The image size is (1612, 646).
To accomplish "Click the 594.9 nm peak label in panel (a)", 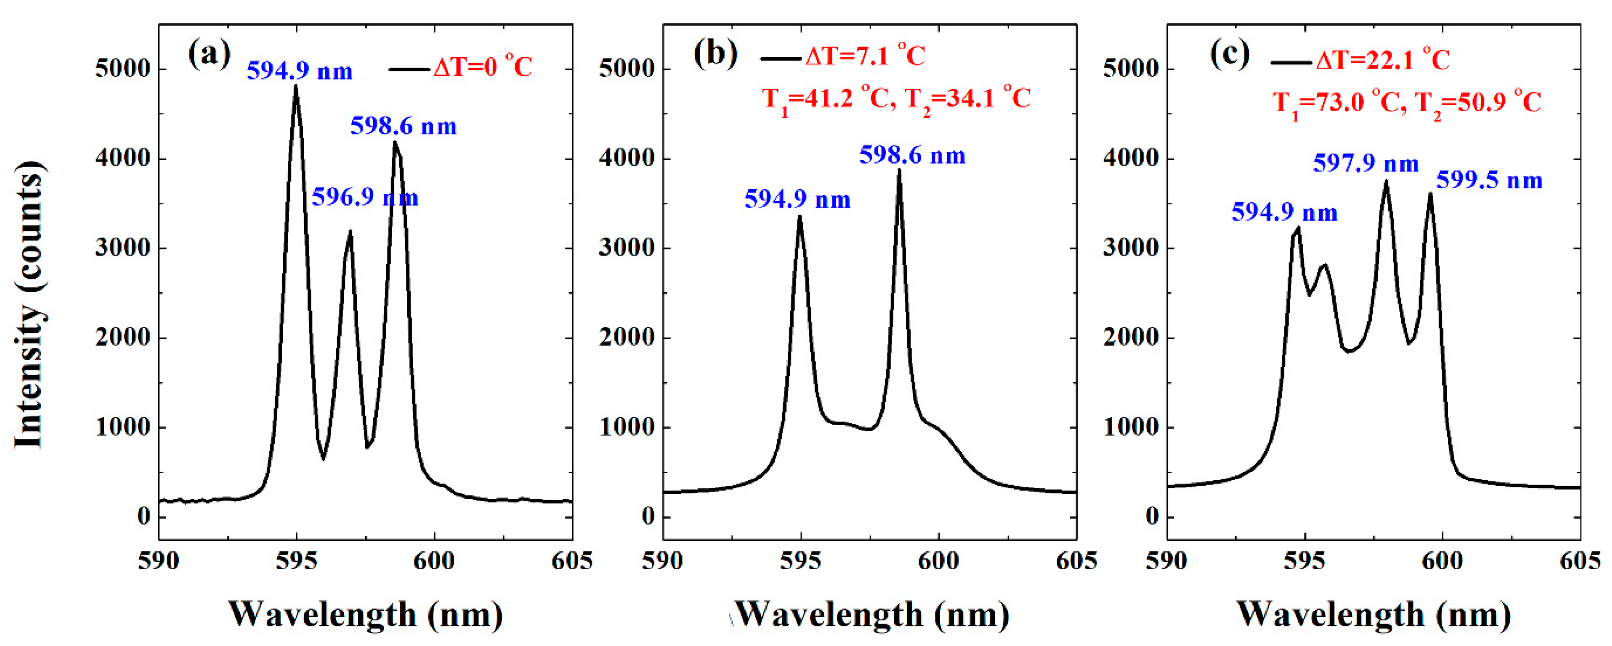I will pos(300,71).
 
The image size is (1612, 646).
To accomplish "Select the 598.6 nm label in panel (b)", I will pos(913,156).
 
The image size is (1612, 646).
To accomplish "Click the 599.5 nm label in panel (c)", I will pos(1489,181).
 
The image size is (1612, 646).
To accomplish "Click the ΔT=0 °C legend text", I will pos(483,67).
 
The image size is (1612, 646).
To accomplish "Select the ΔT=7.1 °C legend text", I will pos(865,57).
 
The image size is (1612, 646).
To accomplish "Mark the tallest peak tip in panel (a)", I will pos(296,86).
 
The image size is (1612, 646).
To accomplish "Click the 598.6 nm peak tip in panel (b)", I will pos(899,170).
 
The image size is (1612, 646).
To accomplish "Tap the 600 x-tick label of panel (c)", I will pos(1442,561).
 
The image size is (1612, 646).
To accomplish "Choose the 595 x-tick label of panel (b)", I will pos(801,561).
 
